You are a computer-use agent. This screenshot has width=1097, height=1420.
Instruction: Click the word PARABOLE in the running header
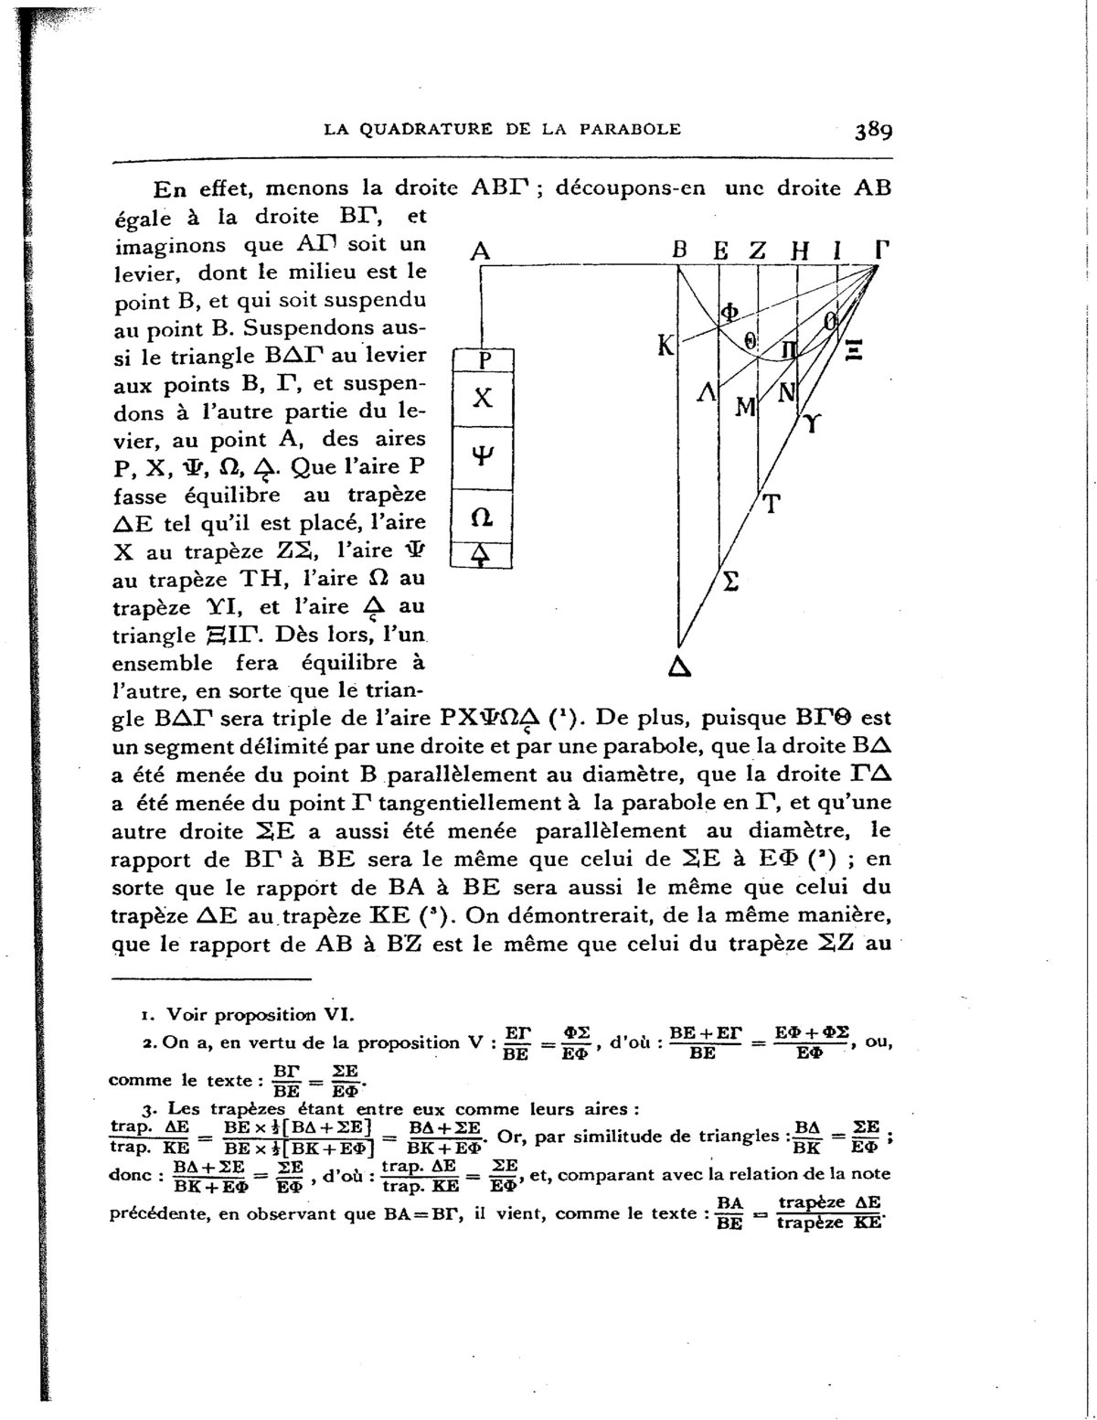[630, 129]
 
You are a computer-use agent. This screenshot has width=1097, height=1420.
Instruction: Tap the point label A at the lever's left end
[480, 251]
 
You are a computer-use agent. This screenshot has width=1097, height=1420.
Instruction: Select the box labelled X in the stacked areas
[483, 398]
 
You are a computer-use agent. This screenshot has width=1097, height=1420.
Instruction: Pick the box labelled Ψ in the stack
[483, 458]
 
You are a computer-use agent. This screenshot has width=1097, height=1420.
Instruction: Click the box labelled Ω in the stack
[483, 518]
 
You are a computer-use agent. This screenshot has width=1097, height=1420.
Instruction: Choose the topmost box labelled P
[484, 360]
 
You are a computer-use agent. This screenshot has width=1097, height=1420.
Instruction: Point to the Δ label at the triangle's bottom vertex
[678, 667]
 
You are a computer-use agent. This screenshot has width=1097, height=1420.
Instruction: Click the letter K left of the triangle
[666, 346]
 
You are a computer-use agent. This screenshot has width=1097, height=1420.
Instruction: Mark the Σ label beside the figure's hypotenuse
[730, 582]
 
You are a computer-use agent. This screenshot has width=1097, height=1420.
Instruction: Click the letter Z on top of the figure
[757, 250]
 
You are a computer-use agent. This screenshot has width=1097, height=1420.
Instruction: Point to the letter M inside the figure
[744, 406]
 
